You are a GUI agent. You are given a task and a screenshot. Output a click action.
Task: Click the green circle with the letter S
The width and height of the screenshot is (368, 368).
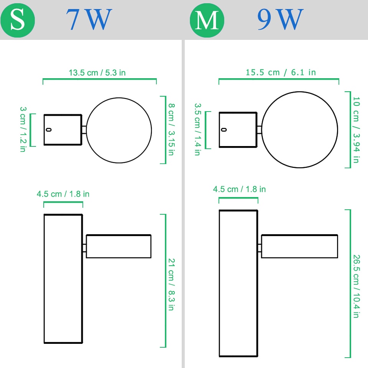tap(18, 20)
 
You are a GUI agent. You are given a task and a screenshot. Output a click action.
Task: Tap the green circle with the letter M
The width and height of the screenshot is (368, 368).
tap(207, 20)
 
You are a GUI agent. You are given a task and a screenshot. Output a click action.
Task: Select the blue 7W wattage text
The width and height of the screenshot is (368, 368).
tap(89, 19)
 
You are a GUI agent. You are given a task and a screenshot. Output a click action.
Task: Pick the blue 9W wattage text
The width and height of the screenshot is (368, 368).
tap(280, 19)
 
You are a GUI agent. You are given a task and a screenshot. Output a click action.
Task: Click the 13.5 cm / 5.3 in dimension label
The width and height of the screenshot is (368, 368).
tap(97, 73)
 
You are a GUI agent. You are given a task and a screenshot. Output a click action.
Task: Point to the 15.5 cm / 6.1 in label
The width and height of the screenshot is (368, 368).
tap(281, 72)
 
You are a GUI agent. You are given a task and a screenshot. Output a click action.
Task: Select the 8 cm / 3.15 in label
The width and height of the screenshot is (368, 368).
tap(172, 129)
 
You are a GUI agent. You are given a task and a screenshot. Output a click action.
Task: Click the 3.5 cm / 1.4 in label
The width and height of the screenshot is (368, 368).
tap(198, 129)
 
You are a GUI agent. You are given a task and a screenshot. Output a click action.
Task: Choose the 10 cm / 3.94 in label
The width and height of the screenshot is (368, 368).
tap(356, 130)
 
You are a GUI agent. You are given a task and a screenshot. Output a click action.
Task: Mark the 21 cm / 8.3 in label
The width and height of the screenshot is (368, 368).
tap(172, 284)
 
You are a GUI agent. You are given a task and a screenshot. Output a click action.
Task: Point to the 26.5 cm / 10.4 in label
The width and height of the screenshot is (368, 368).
tap(356, 286)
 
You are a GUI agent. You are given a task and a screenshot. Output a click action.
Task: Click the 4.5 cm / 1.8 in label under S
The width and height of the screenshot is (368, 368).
tap(63, 194)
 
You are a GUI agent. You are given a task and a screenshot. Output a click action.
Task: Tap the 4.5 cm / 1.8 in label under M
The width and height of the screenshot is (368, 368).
tap(239, 189)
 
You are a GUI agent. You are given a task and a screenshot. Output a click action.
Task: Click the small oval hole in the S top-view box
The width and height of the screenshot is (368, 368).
tap(49, 130)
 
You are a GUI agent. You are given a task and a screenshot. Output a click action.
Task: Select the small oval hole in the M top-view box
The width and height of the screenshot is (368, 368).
tap(224, 130)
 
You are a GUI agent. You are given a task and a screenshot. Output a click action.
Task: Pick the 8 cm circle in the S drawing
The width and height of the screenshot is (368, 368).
tap(87, 130)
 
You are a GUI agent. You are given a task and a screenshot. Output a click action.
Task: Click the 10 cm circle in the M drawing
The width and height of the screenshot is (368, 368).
tap(262, 130)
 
